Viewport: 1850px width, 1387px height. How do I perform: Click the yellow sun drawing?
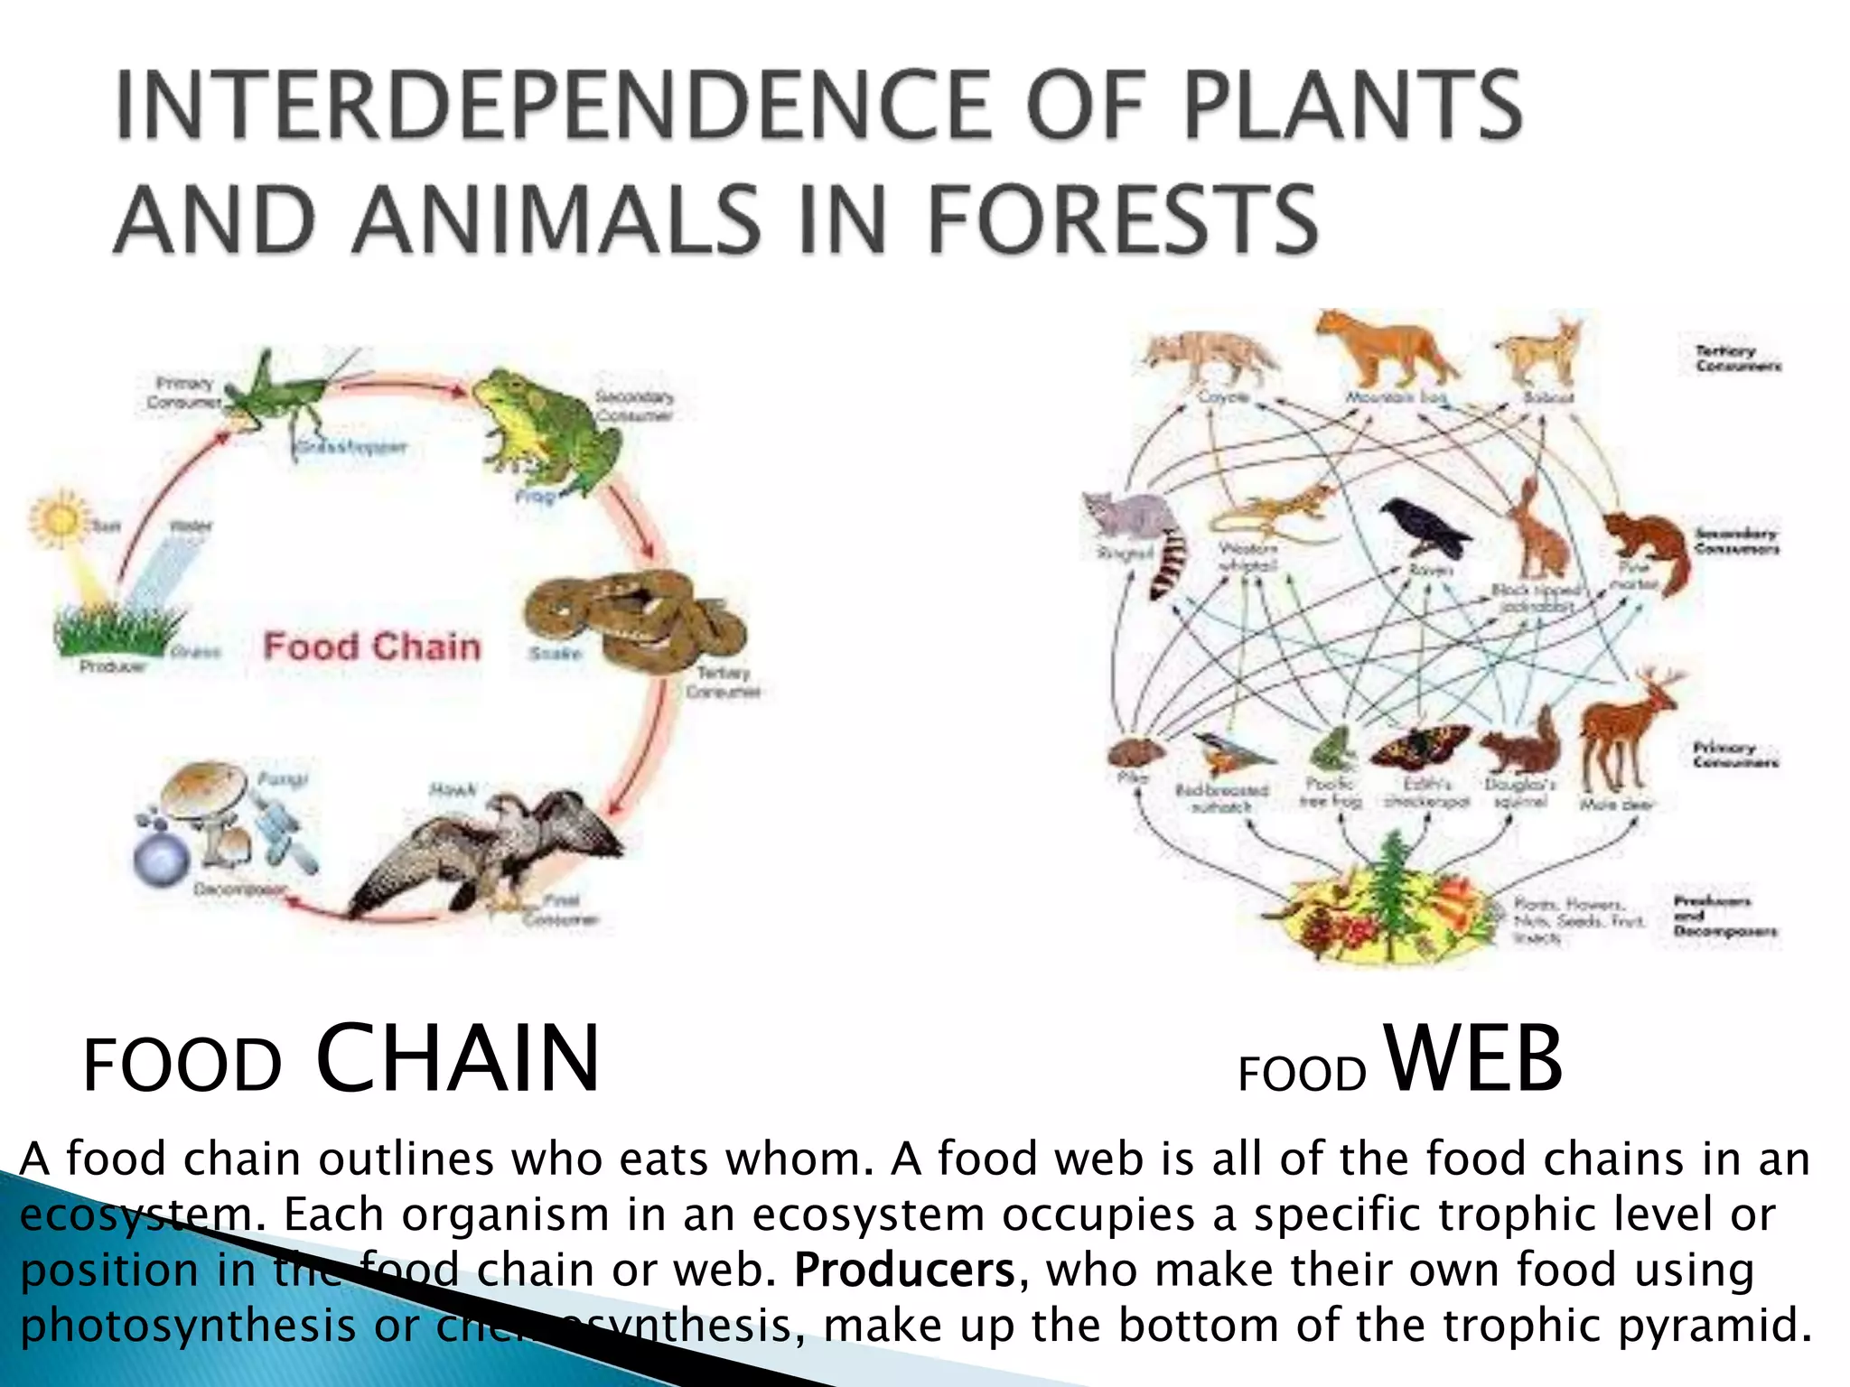pos(59,519)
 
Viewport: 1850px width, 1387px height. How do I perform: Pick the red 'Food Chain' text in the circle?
pos(371,647)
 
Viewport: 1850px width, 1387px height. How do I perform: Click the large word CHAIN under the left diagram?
pos(457,1058)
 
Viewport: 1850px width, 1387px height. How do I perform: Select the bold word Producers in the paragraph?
pos(904,1270)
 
